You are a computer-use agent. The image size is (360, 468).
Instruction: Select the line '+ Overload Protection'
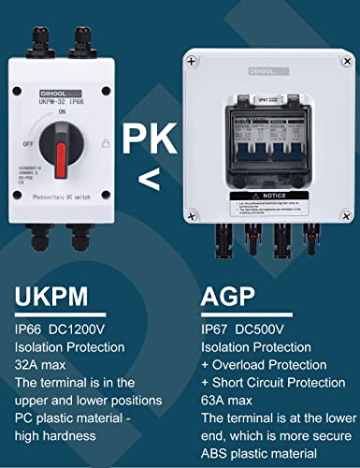(264, 364)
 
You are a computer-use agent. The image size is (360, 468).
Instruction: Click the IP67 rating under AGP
(216, 329)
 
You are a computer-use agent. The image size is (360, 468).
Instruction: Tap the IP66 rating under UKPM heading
(33, 329)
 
